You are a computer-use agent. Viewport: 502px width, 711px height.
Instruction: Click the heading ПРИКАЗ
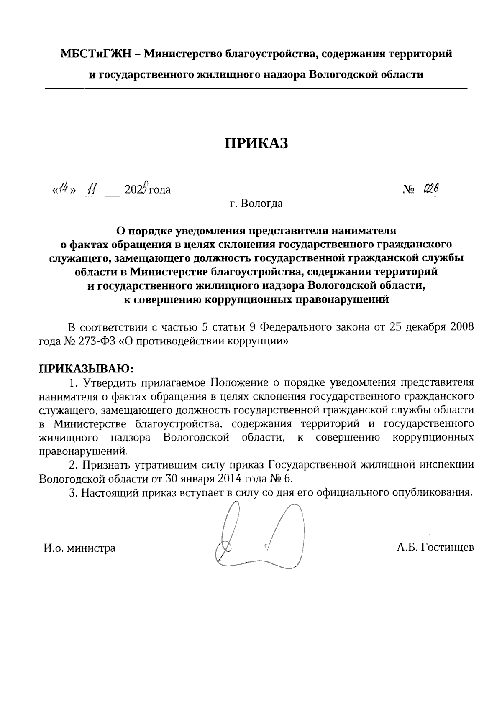[257, 143]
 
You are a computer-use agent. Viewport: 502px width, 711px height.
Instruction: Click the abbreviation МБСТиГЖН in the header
[96, 54]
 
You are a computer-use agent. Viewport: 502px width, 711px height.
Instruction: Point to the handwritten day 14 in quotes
[63, 189]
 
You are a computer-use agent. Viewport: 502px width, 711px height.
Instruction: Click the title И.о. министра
[80, 548]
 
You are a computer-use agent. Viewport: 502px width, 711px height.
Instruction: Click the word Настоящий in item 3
[109, 492]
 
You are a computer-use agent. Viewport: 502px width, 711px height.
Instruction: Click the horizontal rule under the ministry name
[256, 89]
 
